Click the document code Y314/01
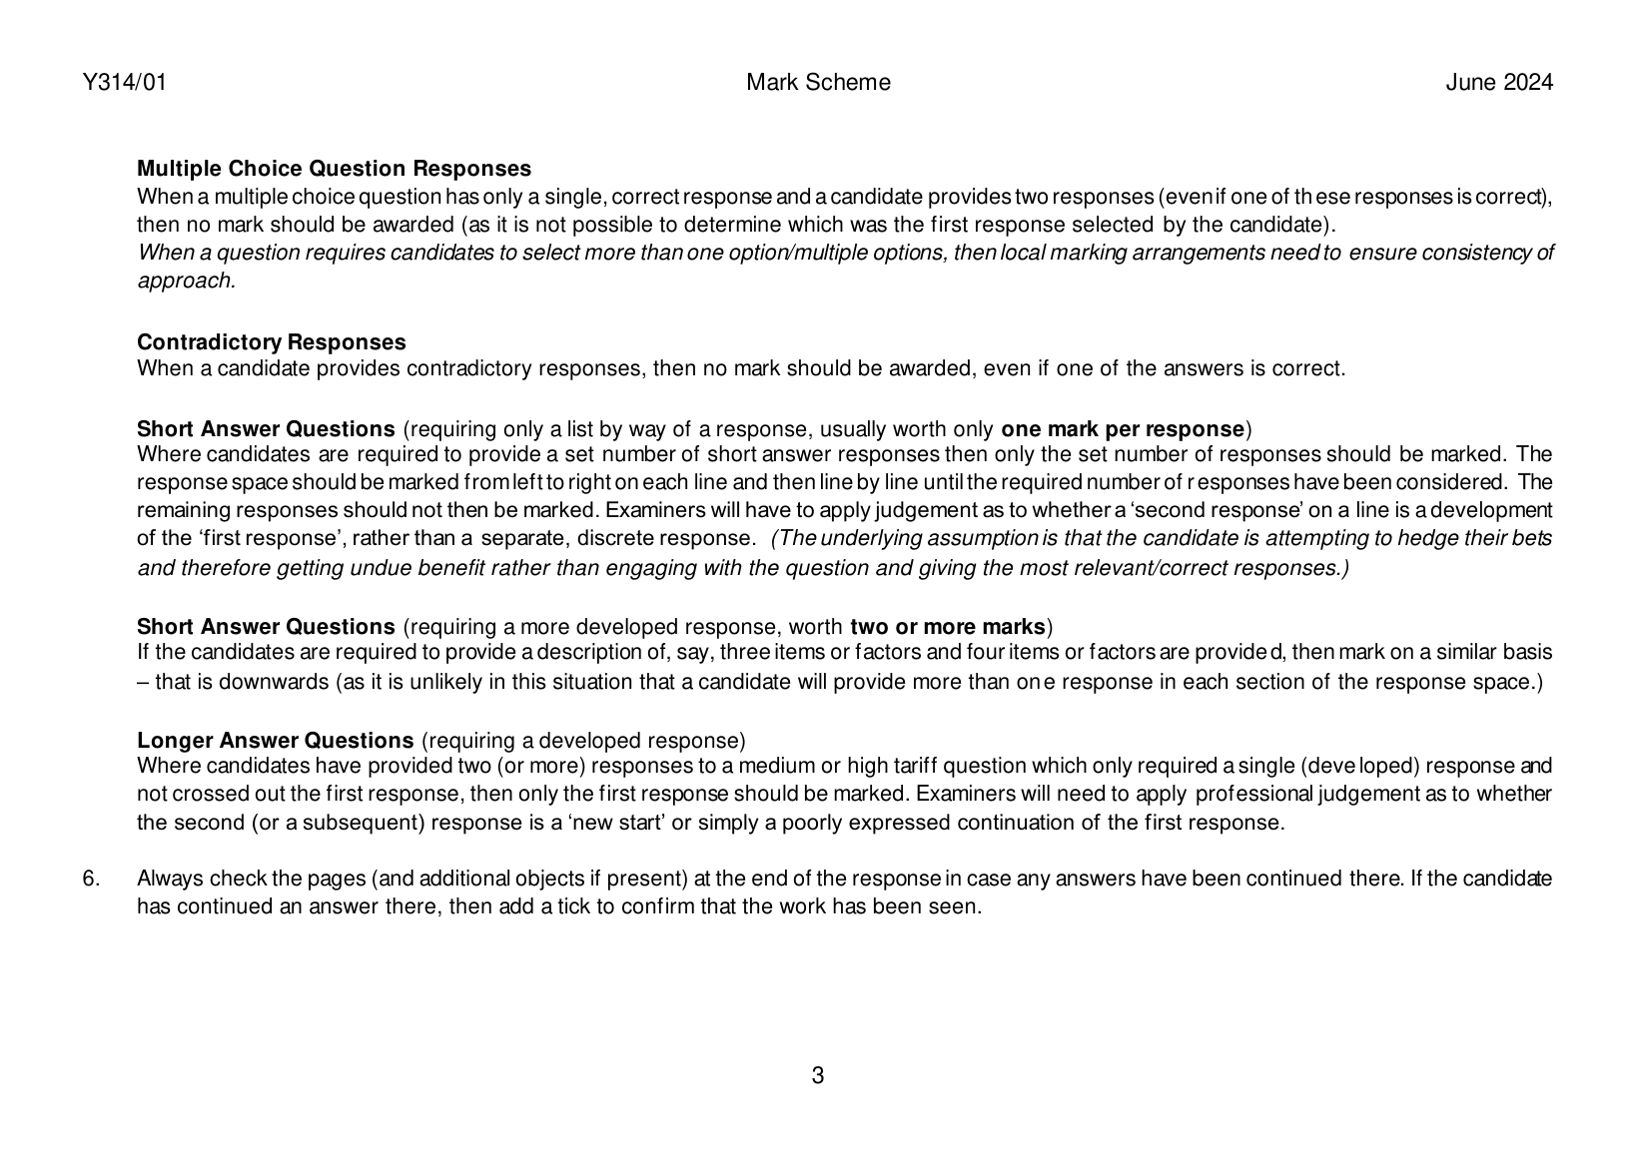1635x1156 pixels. [x=124, y=83]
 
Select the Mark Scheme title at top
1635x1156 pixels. [x=818, y=83]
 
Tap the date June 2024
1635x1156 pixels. [x=1499, y=83]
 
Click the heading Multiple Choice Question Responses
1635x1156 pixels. [x=334, y=169]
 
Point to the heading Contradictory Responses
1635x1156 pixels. [x=271, y=342]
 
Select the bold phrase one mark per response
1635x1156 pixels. [x=1123, y=429]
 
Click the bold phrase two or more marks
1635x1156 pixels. [x=947, y=627]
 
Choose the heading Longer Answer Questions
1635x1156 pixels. [x=275, y=741]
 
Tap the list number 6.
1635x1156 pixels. [x=91, y=878]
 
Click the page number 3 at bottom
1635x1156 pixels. [x=818, y=1076]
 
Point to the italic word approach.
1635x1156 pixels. [x=186, y=281]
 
